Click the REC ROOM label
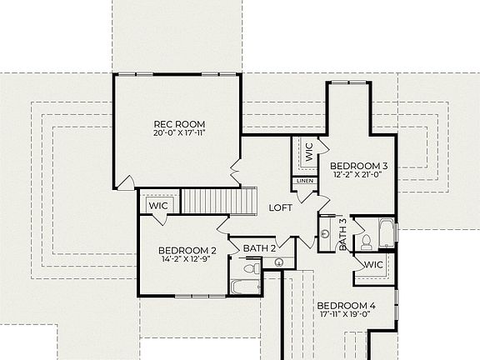coord(179,124)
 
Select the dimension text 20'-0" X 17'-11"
coord(179,133)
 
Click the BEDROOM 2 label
coord(187,250)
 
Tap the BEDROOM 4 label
coord(347,306)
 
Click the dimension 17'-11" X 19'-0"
coord(347,316)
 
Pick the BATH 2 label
coord(259,247)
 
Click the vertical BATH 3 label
coord(342,235)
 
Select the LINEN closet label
coord(303,181)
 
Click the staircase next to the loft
coord(217,201)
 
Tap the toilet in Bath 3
coord(366,242)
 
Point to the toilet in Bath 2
coord(247,268)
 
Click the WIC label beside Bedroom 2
coord(158,205)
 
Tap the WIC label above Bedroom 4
coord(372,264)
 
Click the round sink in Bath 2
coord(278,263)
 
